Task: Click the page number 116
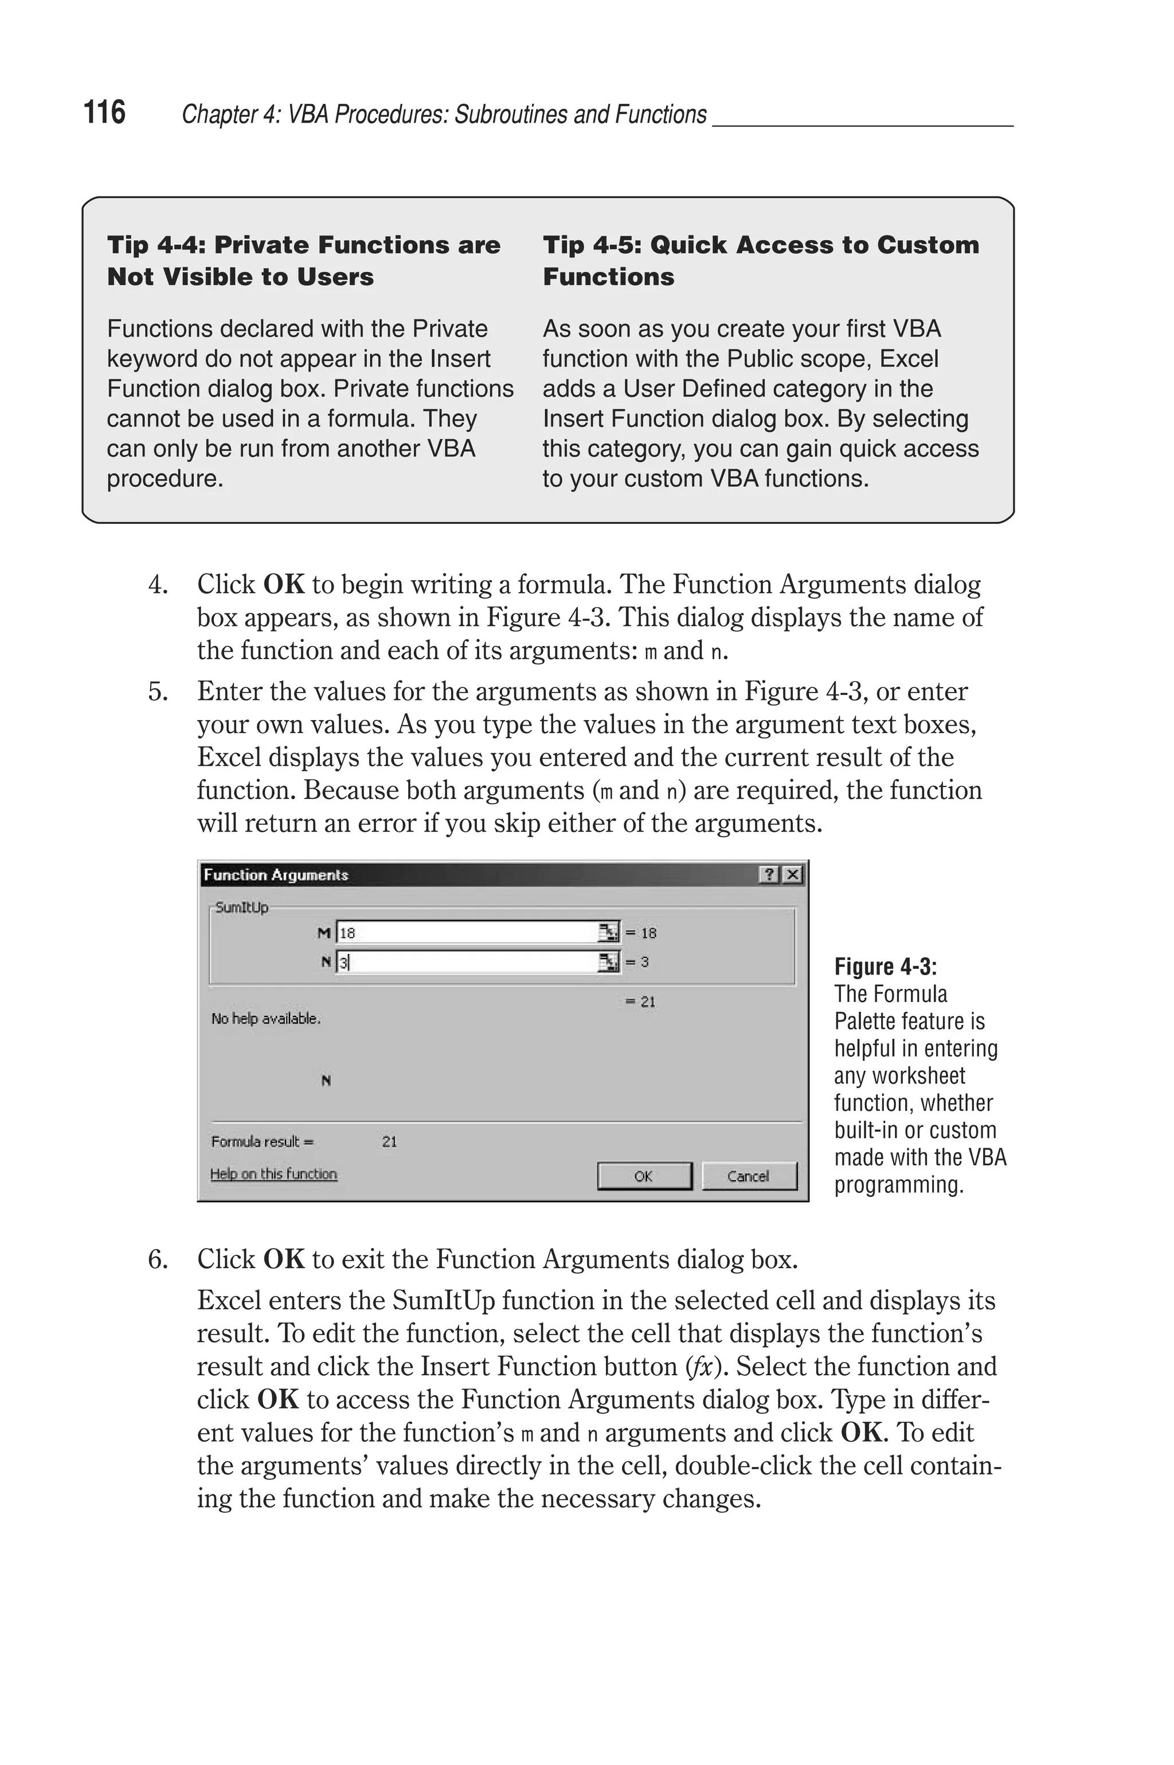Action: pyautogui.click(x=104, y=112)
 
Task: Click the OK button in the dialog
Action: pyautogui.click(x=644, y=1176)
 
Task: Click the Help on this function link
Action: pyautogui.click(x=273, y=1173)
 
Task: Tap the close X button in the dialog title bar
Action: pyautogui.click(x=792, y=874)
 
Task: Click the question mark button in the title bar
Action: pyautogui.click(x=769, y=874)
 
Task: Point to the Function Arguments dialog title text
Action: pyautogui.click(x=276, y=874)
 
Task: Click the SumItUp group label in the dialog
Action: pyautogui.click(x=241, y=907)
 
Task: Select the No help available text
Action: pyautogui.click(x=266, y=1019)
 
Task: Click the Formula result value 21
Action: pyautogui.click(x=389, y=1141)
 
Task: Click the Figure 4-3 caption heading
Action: pyautogui.click(x=885, y=967)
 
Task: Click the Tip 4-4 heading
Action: pyautogui.click(x=303, y=260)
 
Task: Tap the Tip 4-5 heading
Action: pyautogui.click(x=760, y=260)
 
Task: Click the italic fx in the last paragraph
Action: pyautogui.click(x=701, y=1367)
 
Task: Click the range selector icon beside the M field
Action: pyautogui.click(x=609, y=933)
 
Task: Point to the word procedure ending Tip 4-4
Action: pyautogui.click(x=165, y=478)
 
